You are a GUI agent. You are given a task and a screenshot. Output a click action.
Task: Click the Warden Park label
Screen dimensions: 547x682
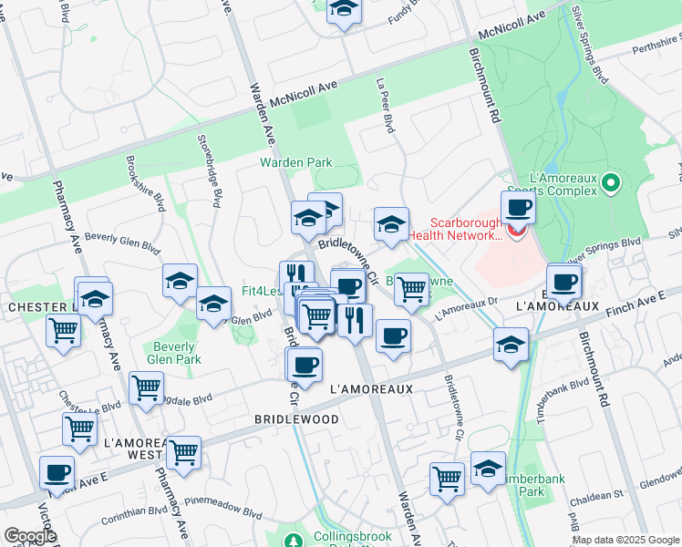295,163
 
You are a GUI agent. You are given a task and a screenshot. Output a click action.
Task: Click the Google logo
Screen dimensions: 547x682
29,536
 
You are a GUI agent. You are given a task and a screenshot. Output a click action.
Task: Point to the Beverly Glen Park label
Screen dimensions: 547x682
174,353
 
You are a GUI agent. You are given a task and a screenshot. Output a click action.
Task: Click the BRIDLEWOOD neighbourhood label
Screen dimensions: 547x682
297,419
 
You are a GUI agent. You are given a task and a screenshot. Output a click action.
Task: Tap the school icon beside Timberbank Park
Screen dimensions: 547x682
489,469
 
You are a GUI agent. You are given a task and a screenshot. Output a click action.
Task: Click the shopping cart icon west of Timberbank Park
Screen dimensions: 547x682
447,478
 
